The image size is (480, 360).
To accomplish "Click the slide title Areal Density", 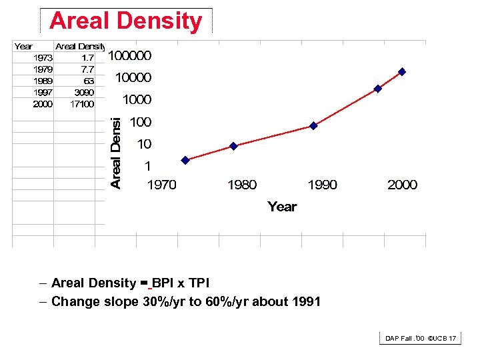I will pyautogui.click(x=125, y=21).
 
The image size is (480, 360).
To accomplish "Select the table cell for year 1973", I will pyautogui.click(x=43, y=57).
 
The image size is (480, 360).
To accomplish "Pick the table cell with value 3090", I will pyautogui.click(x=83, y=92).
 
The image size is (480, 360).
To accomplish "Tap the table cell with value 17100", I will pyautogui.click(x=82, y=104).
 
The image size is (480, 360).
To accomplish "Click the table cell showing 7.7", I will pyautogui.click(x=87, y=69).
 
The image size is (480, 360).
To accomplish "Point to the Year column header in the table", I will pyautogui.click(x=23, y=46).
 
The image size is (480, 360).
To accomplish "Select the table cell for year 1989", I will pyautogui.click(x=43, y=81).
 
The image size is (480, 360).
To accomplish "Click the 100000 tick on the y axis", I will pyautogui.click(x=130, y=55).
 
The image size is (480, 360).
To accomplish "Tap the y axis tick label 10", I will pyautogui.click(x=144, y=144).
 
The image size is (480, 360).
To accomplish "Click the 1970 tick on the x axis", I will pyautogui.click(x=161, y=185).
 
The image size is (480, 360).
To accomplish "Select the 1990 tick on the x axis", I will pyautogui.click(x=322, y=185).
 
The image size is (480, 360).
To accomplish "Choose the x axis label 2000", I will pyautogui.click(x=402, y=185).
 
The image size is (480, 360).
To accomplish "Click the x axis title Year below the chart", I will pyautogui.click(x=282, y=207).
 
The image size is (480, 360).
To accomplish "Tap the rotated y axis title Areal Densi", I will pyautogui.click(x=116, y=153).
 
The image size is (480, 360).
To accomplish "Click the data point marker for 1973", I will pyautogui.click(x=185, y=160).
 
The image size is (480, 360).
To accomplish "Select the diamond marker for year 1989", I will pyautogui.click(x=313, y=125).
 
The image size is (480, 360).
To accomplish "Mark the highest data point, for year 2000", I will pyautogui.click(x=402, y=71).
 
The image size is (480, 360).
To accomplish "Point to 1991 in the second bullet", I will pyautogui.click(x=306, y=302).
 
